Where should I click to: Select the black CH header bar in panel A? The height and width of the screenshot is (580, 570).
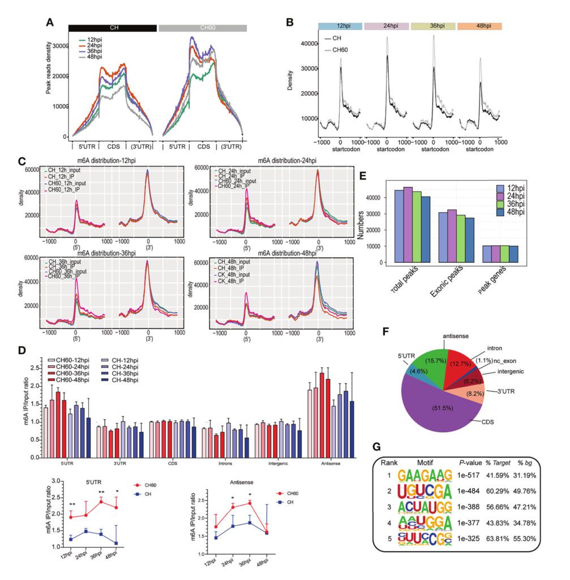(x=112, y=28)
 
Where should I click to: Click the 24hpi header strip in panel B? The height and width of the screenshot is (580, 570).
(x=387, y=26)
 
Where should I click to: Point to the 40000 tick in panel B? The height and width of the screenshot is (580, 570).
(x=306, y=44)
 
